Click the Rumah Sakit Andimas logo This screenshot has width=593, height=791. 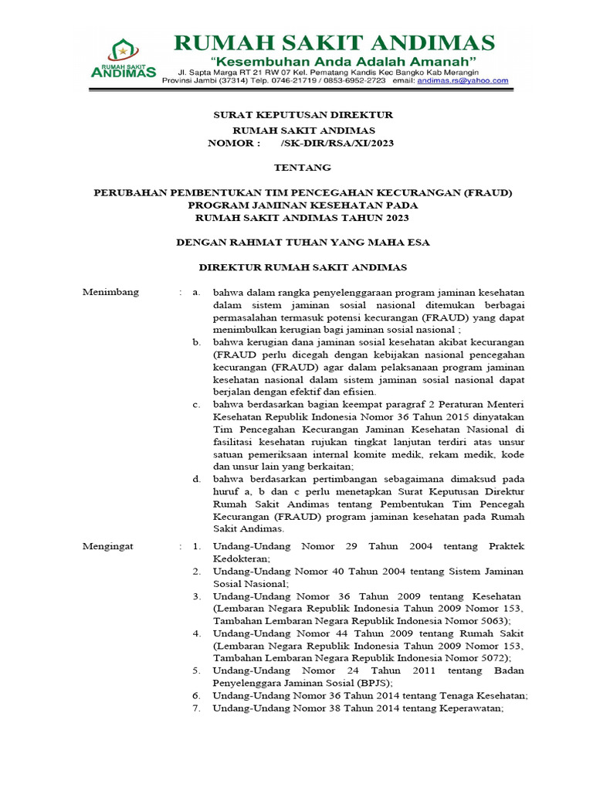click(x=123, y=59)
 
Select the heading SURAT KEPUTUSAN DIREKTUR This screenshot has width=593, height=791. click(x=303, y=115)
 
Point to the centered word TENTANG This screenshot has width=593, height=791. click(x=303, y=168)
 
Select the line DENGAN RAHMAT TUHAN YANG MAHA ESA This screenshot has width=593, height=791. click(x=303, y=243)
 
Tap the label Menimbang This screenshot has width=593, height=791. click(x=111, y=292)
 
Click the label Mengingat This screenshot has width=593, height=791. click(x=108, y=546)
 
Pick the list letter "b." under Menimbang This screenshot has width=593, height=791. click(x=197, y=341)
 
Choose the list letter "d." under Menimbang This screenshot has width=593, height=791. click(x=197, y=479)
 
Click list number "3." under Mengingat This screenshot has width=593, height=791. click(x=197, y=596)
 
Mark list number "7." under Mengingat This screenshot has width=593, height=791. click(x=197, y=708)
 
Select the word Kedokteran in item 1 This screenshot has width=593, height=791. click(x=242, y=558)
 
